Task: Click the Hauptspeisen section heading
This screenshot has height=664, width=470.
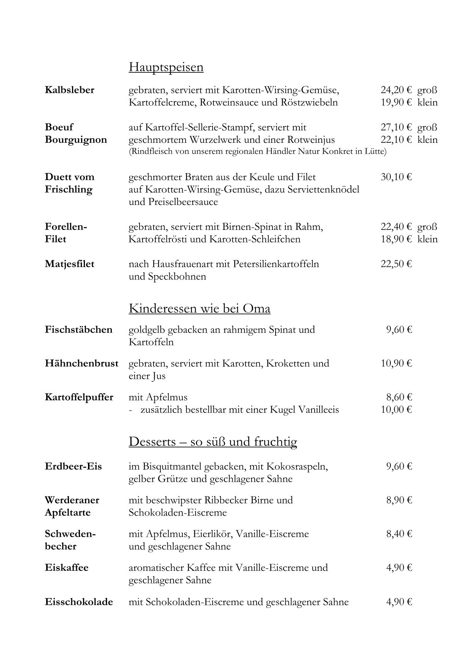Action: pyautogui.click(x=166, y=67)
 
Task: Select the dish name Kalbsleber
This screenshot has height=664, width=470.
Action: pyautogui.click(x=69, y=90)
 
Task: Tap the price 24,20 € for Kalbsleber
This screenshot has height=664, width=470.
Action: pyautogui.click(x=396, y=90)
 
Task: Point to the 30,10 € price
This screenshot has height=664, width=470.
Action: pyautogui.click(x=396, y=177)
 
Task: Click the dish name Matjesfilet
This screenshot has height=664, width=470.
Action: pyautogui.click(x=69, y=264)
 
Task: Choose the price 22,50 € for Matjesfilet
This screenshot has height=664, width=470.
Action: pyautogui.click(x=396, y=264)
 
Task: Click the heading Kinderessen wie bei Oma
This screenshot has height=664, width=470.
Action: pyautogui.click(x=199, y=309)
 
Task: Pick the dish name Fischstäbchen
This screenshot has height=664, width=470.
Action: pyautogui.click(x=78, y=330)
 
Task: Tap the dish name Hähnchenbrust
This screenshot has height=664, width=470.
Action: pyautogui.click(x=81, y=364)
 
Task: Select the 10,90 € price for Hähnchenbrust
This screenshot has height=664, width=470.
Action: pyautogui.click(x=396, y=364)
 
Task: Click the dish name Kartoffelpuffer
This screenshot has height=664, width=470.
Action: pyautogui.click(x=79, y=397)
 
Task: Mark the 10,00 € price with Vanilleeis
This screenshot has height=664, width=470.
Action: pyautogui.click(x=396, y=410)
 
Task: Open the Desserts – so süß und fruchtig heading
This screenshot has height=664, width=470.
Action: pyautogui.click(x=213, y=442)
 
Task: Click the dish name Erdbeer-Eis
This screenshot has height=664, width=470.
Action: pyautogui.click(x=73, y=466)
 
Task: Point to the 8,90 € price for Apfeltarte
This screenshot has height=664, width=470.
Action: pyautogui.click(x=399, y=500)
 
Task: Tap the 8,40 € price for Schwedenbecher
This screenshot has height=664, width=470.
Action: pyautogui.click(x=399, y=534)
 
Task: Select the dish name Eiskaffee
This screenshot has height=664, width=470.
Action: pyautogui.click(x=66, y=568)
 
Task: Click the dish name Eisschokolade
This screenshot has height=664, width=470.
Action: pyautogui.click(x=79, y=602)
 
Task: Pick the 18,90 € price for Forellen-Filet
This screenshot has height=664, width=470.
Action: pyautogui.click(x=396, y=239)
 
